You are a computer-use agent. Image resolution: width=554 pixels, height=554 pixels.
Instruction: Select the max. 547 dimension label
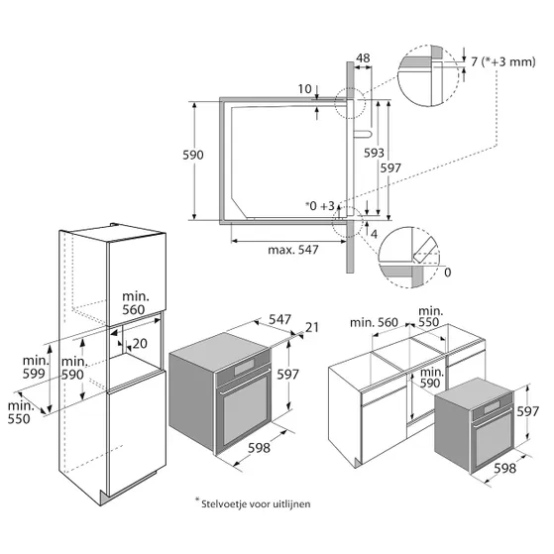[x=293, y=250]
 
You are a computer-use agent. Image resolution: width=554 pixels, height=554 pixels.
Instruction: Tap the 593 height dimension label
[x=374, y=153]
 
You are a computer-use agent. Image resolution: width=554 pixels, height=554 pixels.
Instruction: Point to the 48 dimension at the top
[x=363, y=57]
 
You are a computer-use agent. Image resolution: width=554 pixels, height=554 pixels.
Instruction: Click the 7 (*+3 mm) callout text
[x=503, y=61]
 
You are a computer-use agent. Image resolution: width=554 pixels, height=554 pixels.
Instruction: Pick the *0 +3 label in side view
[x=320, y=205]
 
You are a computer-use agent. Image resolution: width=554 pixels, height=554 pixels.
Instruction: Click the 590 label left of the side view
[x=193, y=155]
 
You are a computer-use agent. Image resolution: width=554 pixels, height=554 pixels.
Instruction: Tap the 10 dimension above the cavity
[x=304, y=88]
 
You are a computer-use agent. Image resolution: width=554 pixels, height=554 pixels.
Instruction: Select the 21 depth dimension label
[x=312, y=327]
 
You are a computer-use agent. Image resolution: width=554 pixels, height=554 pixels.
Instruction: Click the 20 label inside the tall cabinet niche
[x=140, y=344]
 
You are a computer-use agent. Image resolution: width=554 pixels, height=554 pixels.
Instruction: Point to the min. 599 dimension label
[x=35, y=367]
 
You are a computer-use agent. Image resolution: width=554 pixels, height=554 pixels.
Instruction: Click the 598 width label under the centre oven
[x=259, y=448]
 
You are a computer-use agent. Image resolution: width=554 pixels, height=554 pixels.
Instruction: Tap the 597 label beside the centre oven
[x=287, y=375]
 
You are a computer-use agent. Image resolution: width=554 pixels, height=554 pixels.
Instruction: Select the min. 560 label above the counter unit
[x=374, y=322]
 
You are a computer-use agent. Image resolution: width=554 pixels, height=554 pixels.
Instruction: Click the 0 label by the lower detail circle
[x=447, y=273]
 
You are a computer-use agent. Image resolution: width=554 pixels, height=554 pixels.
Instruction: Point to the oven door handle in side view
[x=363, y=134]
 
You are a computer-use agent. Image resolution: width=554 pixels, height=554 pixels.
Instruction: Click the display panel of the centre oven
[x=244, y=368]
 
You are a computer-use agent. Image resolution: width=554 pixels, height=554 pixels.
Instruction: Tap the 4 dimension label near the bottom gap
[x=374, y=234]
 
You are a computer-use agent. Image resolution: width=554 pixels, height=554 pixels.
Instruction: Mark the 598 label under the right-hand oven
[x=504, y=469]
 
